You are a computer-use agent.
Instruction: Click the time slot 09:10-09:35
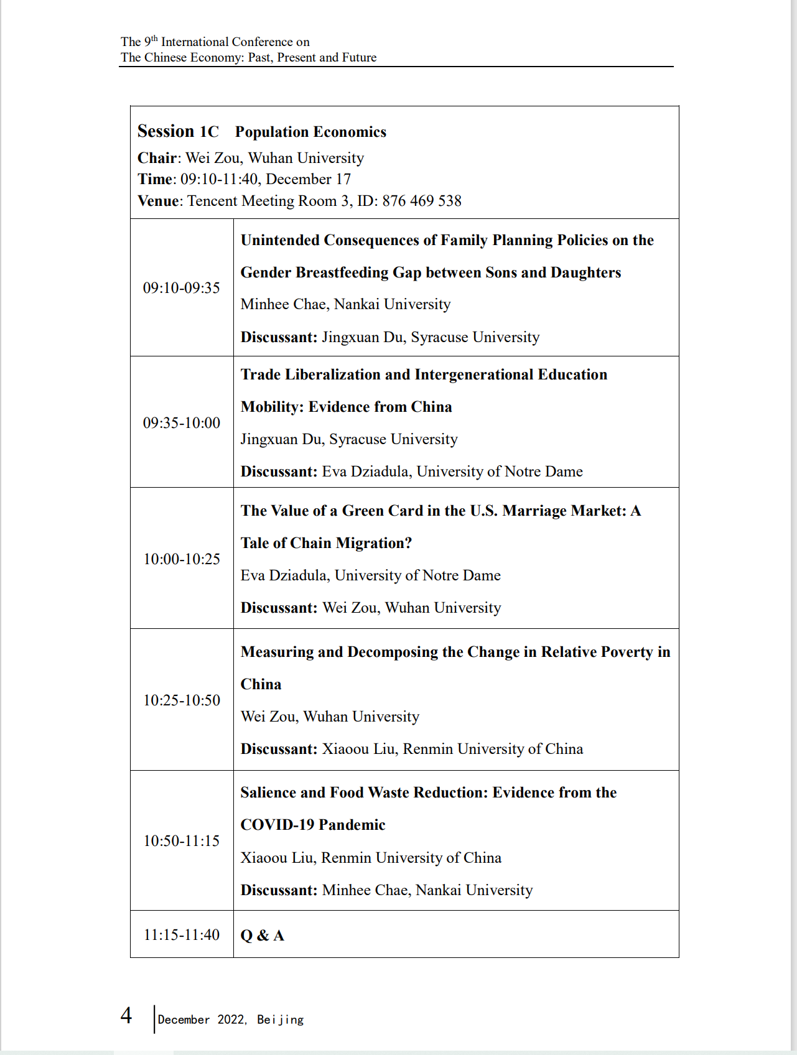tap(182, 288)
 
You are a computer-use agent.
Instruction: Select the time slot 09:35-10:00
tap(182, 423)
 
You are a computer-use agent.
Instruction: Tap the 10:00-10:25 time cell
tap(182, 559)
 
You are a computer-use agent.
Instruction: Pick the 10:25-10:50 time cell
tap(182, 700)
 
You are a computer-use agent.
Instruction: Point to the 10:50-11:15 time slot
tap(182, 841)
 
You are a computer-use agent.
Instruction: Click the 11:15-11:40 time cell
tap(182, 935)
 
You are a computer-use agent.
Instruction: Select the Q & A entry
tap(263, 936)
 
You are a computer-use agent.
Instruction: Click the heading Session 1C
tap(179, 132)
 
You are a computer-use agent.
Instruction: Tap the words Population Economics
tap(310, 132)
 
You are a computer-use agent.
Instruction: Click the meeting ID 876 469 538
tap(422, 201)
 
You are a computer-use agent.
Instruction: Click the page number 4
tap(126, 1016)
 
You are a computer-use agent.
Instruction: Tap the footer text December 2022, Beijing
tap(231, 1020)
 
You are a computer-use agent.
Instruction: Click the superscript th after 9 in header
tap(154, 39)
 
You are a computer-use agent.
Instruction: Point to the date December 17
tap(309, 179)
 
